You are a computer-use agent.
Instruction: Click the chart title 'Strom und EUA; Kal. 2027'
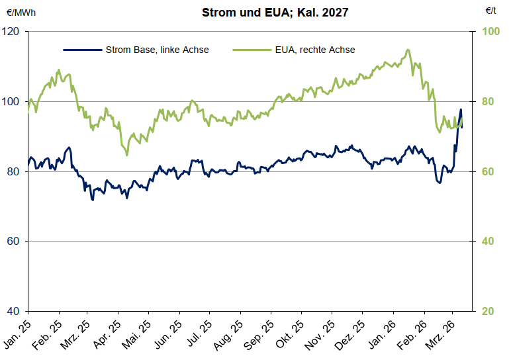coord(266,12)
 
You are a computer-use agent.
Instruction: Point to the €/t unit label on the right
coord(491,12)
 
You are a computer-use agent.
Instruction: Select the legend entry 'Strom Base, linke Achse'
coord(157,50)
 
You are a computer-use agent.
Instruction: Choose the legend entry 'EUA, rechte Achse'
coord(314,50)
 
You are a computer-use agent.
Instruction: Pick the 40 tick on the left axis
coord(14,311)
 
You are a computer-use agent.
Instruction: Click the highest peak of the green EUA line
coord(408,50)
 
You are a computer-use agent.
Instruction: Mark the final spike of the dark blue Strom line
coord(461,110)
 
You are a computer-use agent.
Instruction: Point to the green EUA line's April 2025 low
coord(126,155)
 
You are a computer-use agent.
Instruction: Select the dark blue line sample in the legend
coord(82,50)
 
